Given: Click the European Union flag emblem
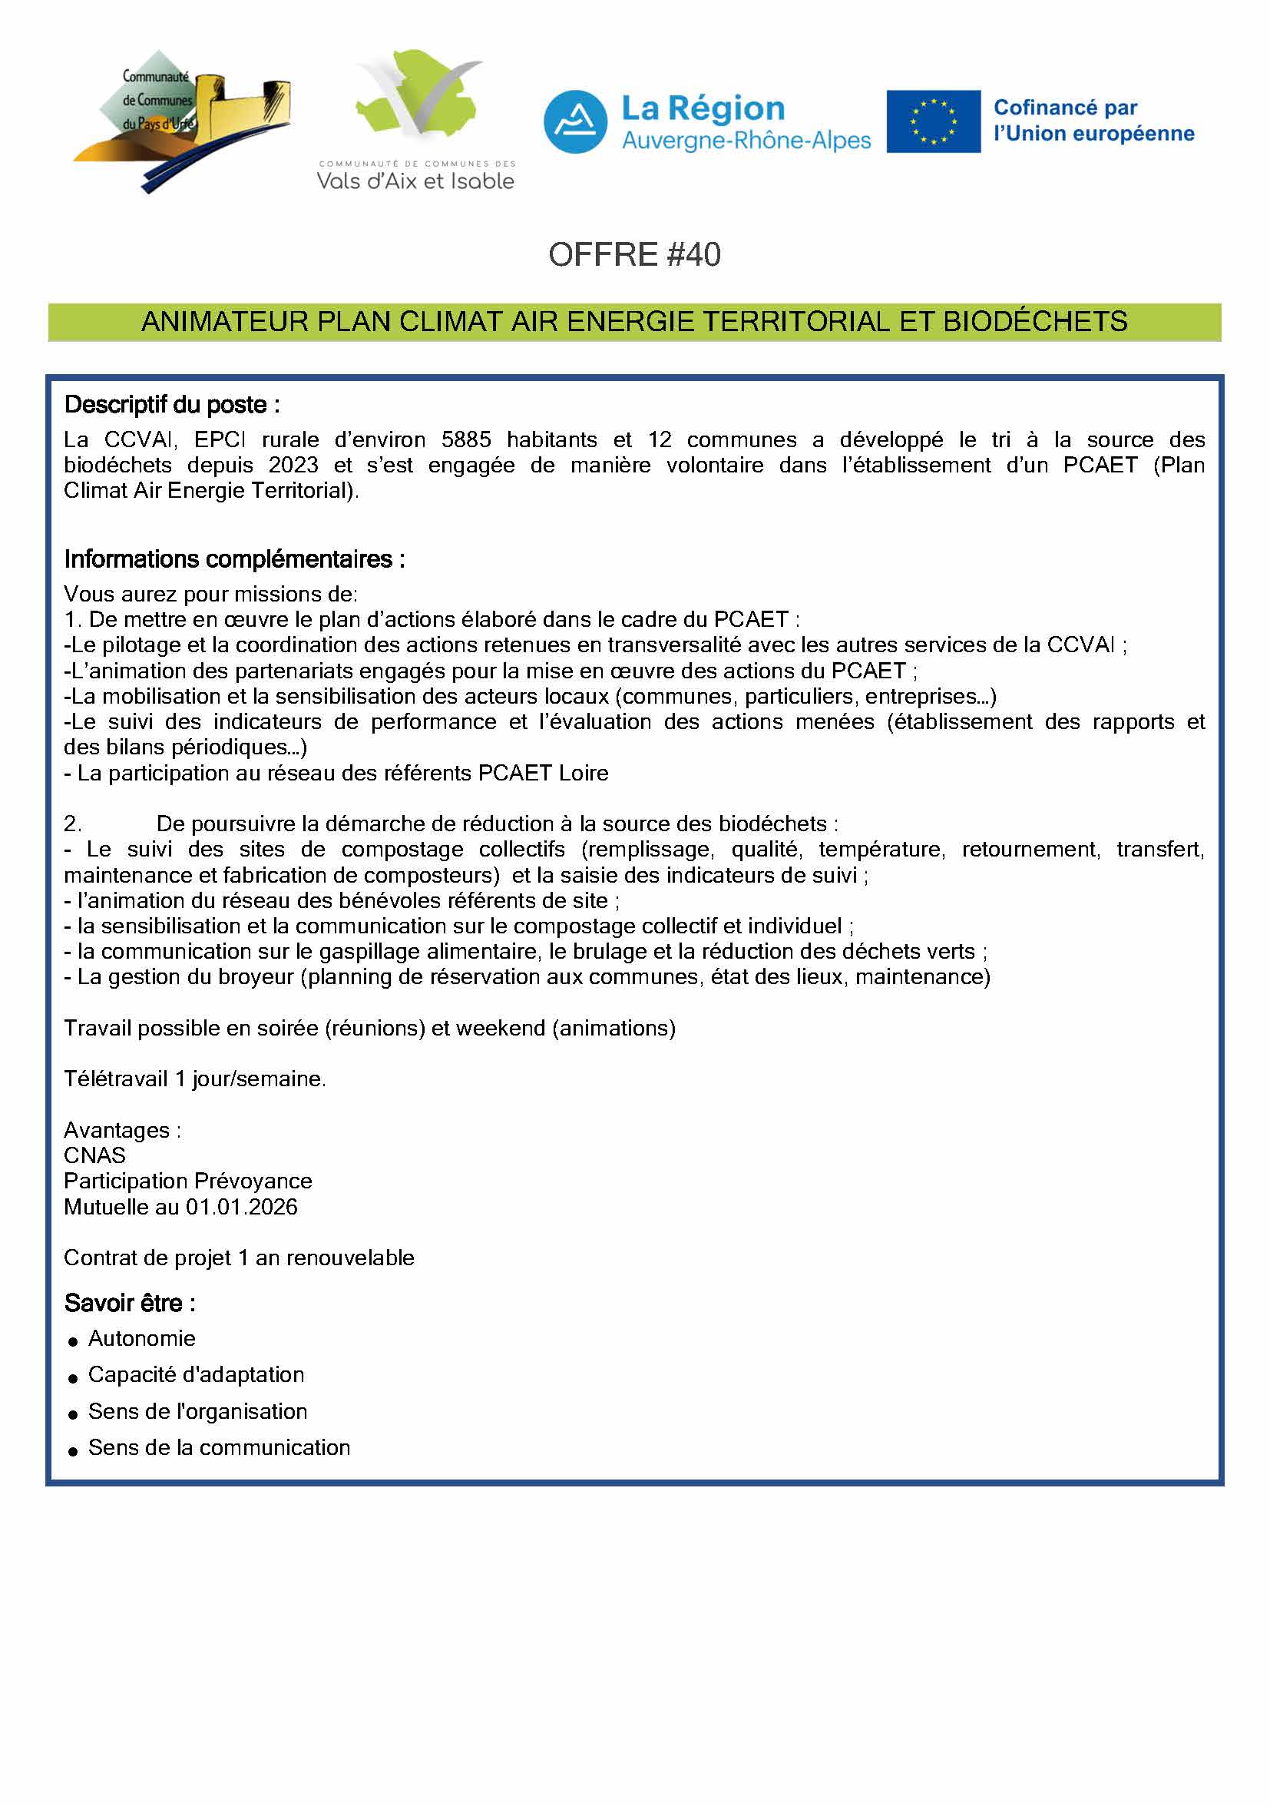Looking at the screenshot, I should [x=933, y=121].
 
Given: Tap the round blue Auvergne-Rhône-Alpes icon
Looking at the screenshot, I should [x=575, y=122].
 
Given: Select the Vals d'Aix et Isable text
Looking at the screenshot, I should [x=415, y=182].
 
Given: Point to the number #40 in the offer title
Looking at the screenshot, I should [x=693, y=255].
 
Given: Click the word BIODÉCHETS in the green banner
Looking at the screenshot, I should [x=1035, y=322].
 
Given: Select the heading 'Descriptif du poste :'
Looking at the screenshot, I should [x=171, y=405].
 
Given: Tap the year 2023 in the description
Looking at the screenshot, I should [x=293, y=466].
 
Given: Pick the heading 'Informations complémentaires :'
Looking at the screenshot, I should [x=234, y=559].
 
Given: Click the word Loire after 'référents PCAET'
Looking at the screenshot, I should [x=584, y=774].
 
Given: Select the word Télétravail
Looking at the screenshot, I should [x=116, y=1079].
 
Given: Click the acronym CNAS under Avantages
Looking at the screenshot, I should [x=94, y=1155].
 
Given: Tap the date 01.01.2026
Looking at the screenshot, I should [x=241, y=1207].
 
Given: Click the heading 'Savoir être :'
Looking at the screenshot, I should [x=130, y=1304].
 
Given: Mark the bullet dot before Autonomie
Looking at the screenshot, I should [x=73, y=1341].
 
